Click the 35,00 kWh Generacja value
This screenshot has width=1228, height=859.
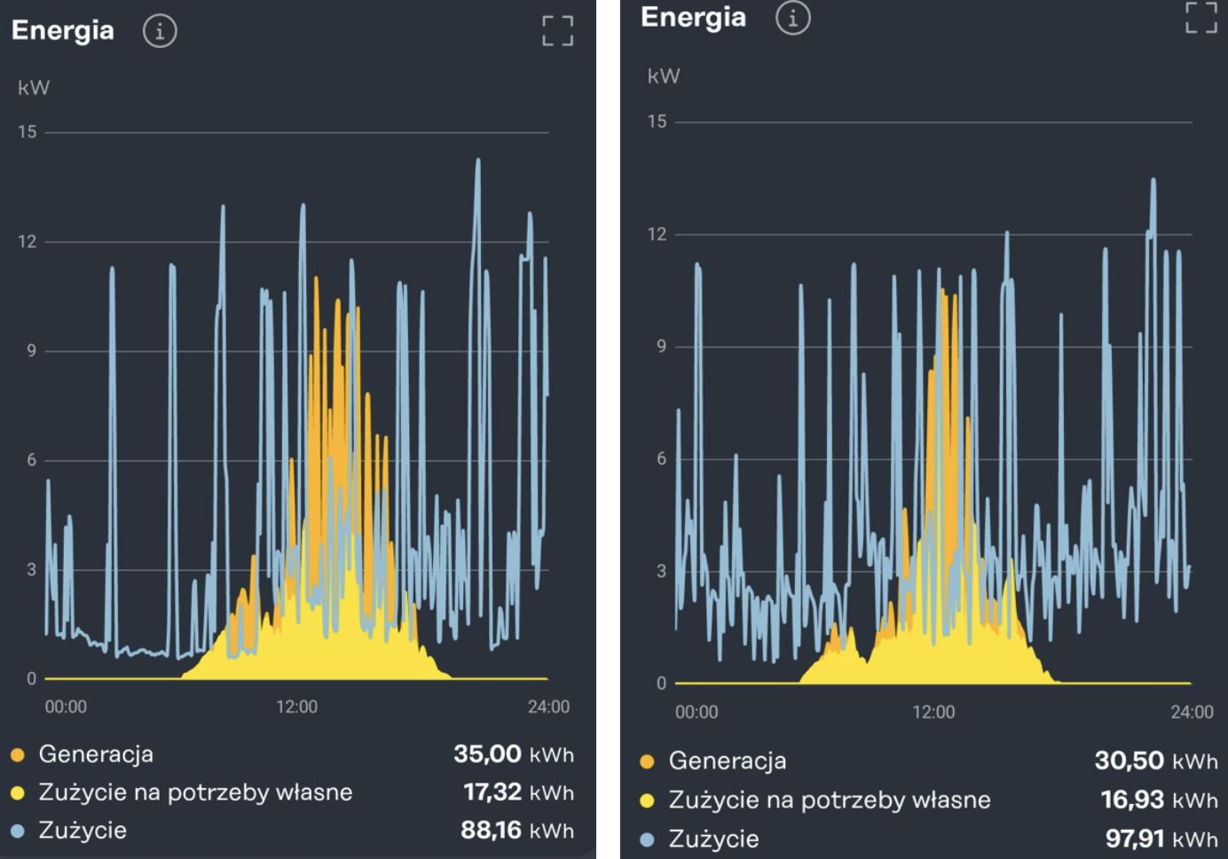click(x=513, y=754)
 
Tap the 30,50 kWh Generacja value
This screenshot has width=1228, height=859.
click(x=1155, y=760)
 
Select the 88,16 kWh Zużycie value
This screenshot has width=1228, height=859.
click(x=516, y=831)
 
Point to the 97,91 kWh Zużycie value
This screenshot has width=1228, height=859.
click(x=1161, y=839)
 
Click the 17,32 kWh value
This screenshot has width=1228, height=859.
click(x=518, y=792)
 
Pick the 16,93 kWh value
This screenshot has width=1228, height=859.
click(x=1159, y=800)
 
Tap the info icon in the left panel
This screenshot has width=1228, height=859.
click(x=160, y=31)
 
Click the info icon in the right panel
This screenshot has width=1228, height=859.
click(x=792, y=18)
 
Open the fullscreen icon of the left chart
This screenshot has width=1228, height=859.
click(x=558, y=31)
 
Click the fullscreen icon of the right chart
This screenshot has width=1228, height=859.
click(x=1201, y=17)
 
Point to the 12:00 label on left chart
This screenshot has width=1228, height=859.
click(x=296, y=707)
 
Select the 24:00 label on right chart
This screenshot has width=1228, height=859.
click(x=1192, y=713)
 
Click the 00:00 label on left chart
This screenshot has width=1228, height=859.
click(x=66, y=707)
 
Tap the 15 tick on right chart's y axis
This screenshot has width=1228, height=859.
click(x=657, y=122)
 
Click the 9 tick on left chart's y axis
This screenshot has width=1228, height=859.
click(x=31, y=351)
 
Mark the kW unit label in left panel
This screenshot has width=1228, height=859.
click(x=34, y=88)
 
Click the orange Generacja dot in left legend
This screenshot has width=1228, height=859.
click(x=18, y=755)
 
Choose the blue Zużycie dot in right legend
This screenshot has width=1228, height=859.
click(x=647, y=839)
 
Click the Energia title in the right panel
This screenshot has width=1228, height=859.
click(x=693, y=17)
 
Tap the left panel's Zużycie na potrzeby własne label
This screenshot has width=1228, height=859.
click(x=195, y=792)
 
